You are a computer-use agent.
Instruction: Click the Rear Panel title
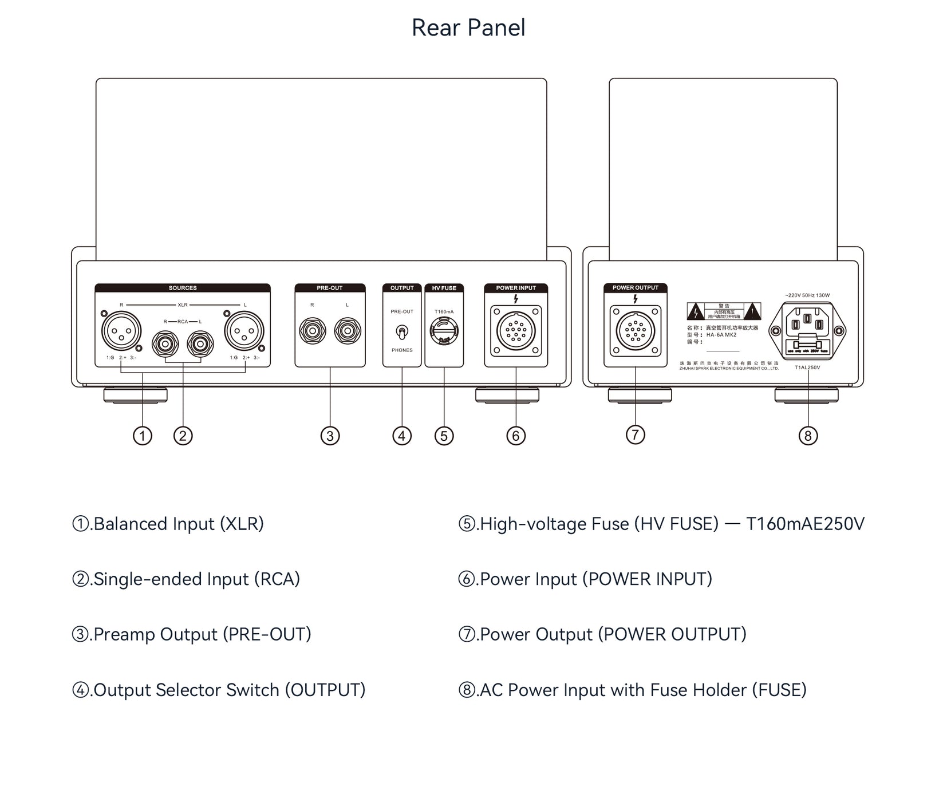tap(468, 27)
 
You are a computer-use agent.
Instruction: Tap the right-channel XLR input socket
tap(121, 331)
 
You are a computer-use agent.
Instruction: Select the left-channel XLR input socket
tap(244, 331)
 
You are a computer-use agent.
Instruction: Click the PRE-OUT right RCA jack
tap(313, 331)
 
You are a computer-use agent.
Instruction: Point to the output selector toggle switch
tap(402, 332)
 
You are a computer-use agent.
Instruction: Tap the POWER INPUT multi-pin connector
tap(515, 331)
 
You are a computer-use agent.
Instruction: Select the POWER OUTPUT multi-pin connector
tap(635, 331)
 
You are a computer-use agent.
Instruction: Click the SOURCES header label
tap(183, 288)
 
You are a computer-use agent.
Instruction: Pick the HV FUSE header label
tap(444, 288)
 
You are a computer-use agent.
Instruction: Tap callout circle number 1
tap(143, 436)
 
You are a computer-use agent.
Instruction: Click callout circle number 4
tap(402, 436)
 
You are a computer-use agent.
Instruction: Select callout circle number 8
tap(808, 436)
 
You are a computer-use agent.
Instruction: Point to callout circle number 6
tap(516, 436)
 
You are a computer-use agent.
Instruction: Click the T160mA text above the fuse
tap(444, 312)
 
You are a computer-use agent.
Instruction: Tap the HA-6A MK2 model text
tap(721, 335)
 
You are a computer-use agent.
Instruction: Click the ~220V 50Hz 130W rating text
tap(807, 295)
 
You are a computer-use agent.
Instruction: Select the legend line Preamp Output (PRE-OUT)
tap(192, 634)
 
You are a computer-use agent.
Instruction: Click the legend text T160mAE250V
tap(805, 524)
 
